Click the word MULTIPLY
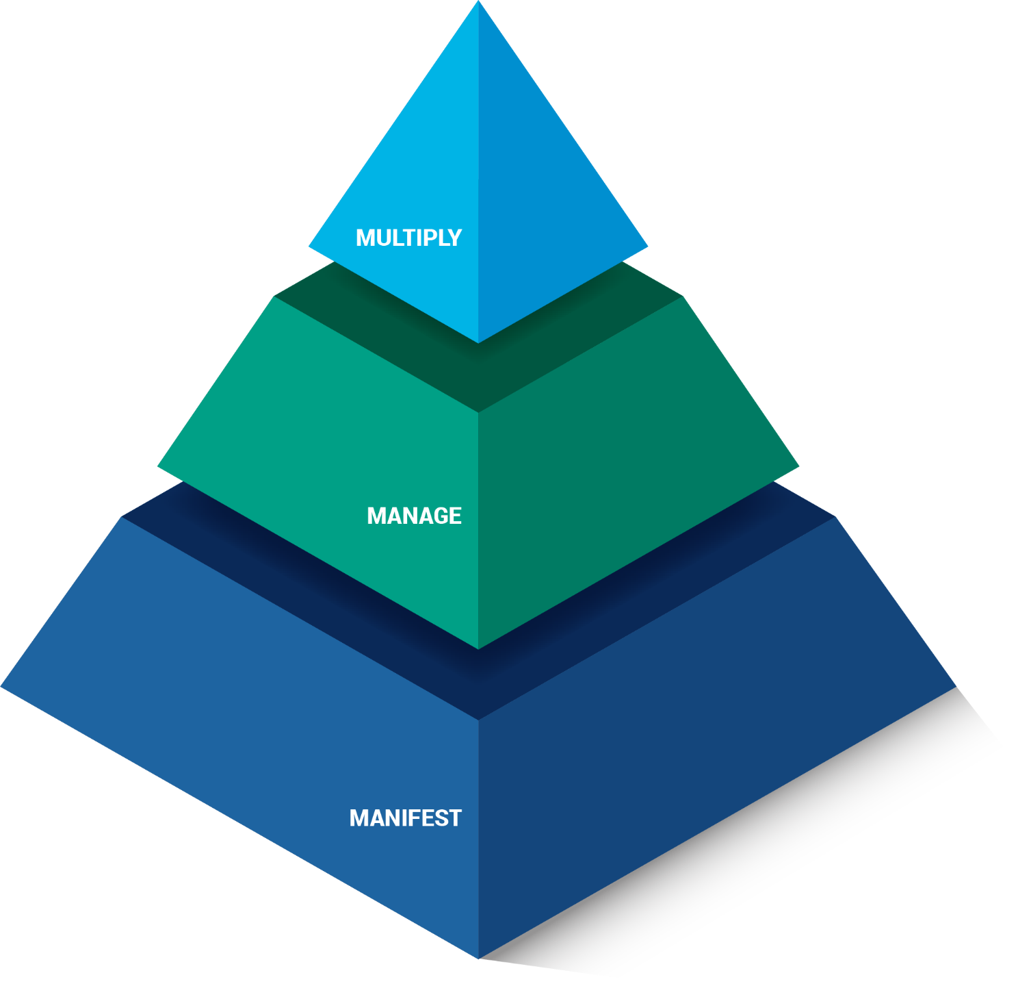[x=408, y=238]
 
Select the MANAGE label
[x=414, y=516]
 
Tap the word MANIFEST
[x=405, y=818]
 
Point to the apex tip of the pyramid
[x=479, y=3]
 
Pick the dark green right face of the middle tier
[x=616, y=479]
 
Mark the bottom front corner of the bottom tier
[x=478, y=957]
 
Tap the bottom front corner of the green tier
[x=478, y=648]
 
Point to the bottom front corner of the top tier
[x=478, y=342]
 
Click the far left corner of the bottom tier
[x=3, y=686]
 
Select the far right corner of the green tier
[x=798, y=468]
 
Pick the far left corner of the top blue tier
[x=309, y=246]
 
